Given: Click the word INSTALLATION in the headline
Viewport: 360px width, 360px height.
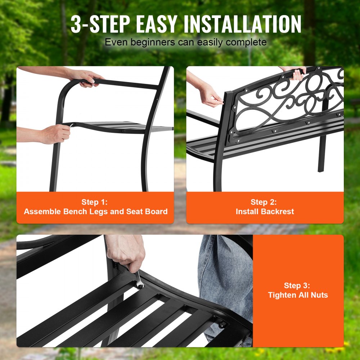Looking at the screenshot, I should click(x=242, y=24).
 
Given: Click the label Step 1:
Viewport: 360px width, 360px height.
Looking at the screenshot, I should click(x=95, y=202).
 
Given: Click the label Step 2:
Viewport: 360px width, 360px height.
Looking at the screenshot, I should click(x=264, y=202).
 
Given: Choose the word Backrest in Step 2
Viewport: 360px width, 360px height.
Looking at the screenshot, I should click(x=280, y=212).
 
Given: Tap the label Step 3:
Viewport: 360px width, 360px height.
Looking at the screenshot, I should click(x=297, y=285).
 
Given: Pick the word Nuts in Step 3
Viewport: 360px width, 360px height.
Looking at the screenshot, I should click(x=319, y=295).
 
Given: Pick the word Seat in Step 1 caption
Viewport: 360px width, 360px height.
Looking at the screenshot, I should click(x=135, y=212).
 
